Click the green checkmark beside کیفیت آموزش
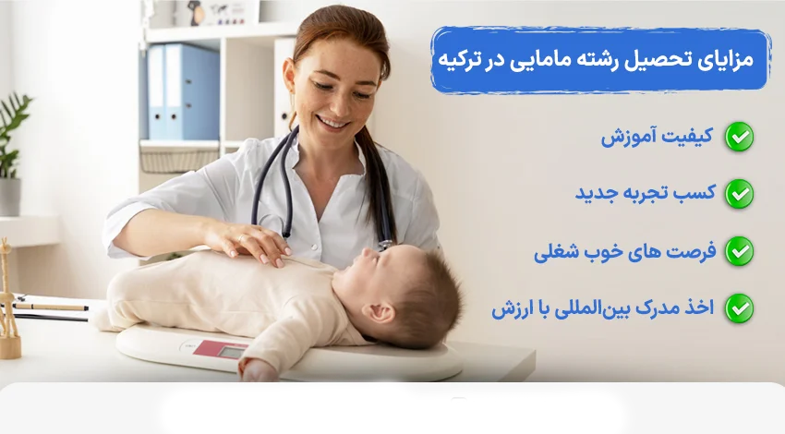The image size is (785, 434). click(x=739, y=137)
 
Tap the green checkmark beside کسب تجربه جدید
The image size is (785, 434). click(x=739, y=194)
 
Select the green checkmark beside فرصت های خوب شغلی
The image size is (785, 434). click(x=739, y=251)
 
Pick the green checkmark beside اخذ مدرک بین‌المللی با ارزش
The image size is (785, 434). click(x=739, y=308)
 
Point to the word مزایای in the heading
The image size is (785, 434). click(x=722, y=60)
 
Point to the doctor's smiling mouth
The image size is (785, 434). click(x=333, y=122)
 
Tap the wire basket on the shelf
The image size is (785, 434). click(x=179, y=158)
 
